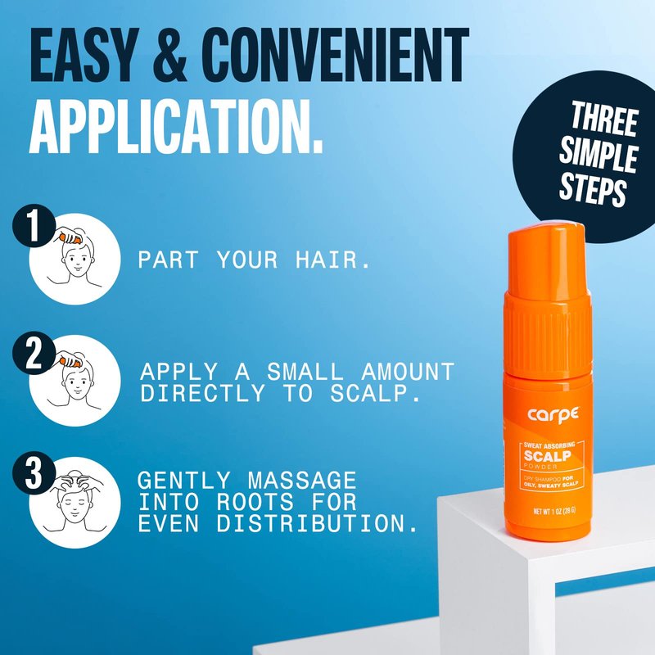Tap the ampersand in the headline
coord(169,55)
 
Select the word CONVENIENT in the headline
coord(336,55)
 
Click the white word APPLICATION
coord(176,126)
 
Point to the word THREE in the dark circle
coord(603,118)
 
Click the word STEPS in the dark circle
coord(593,189)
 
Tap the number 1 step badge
coord(34,226)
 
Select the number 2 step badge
coord(34,353)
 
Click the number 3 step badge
coord(34,474)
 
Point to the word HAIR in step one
coord(332,260)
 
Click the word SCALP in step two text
coord(375,394)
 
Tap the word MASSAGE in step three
coord(302,481)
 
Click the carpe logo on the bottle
coord(553,414)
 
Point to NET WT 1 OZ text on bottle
coord(554,511)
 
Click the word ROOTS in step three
coord(255,502)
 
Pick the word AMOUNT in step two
coord(408,372)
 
